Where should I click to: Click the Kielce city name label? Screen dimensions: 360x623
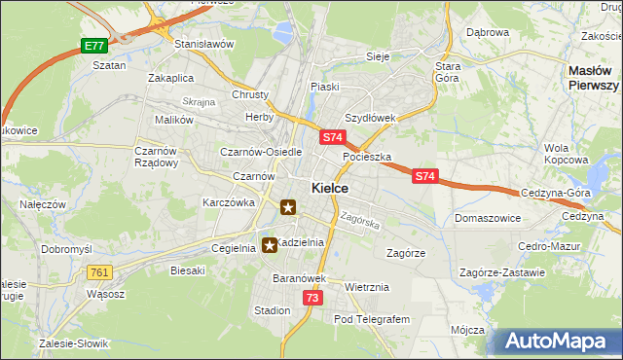coord(331,188)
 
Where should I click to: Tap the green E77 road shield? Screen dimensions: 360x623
coord(93,46)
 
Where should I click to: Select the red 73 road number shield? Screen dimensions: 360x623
coord(311,297)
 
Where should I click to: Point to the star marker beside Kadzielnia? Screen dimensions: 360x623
coord(270,245)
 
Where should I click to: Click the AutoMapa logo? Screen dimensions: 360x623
coord(554,342)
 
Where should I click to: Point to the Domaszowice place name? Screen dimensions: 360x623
coord(486,218)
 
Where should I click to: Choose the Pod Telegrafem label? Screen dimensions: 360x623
coord(373,319)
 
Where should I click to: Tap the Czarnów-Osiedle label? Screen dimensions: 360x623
coord(262,152)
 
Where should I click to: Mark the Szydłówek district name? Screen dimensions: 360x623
coord(370,117)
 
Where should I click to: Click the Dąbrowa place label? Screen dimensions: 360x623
coord(488,32)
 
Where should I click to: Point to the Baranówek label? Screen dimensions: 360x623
coord(277,278)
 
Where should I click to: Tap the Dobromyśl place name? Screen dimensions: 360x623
coord(66,248)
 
